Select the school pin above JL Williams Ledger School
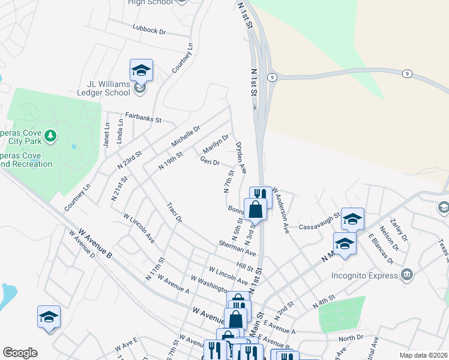141,70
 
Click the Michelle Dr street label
185,135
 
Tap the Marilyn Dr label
215,143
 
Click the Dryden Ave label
241,158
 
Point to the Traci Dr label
174,212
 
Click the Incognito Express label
365,275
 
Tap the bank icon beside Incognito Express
407,275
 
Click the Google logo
20,353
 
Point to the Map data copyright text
423,355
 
